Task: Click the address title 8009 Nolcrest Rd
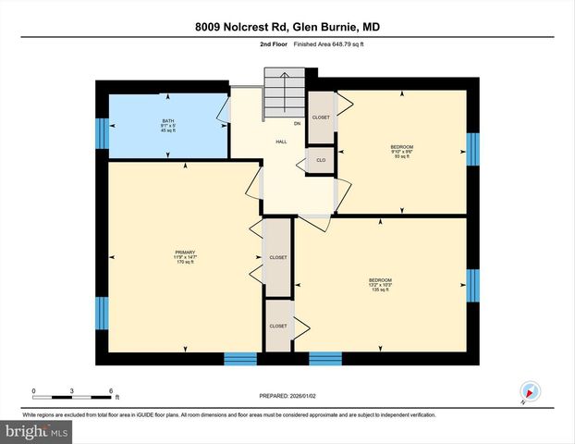287,27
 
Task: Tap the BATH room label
168,121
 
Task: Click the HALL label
280,142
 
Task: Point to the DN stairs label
297,123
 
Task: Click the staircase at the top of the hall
286,88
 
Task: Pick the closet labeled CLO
320,160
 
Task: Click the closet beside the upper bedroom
321,117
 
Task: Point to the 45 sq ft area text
168,130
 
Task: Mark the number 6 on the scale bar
111,390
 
